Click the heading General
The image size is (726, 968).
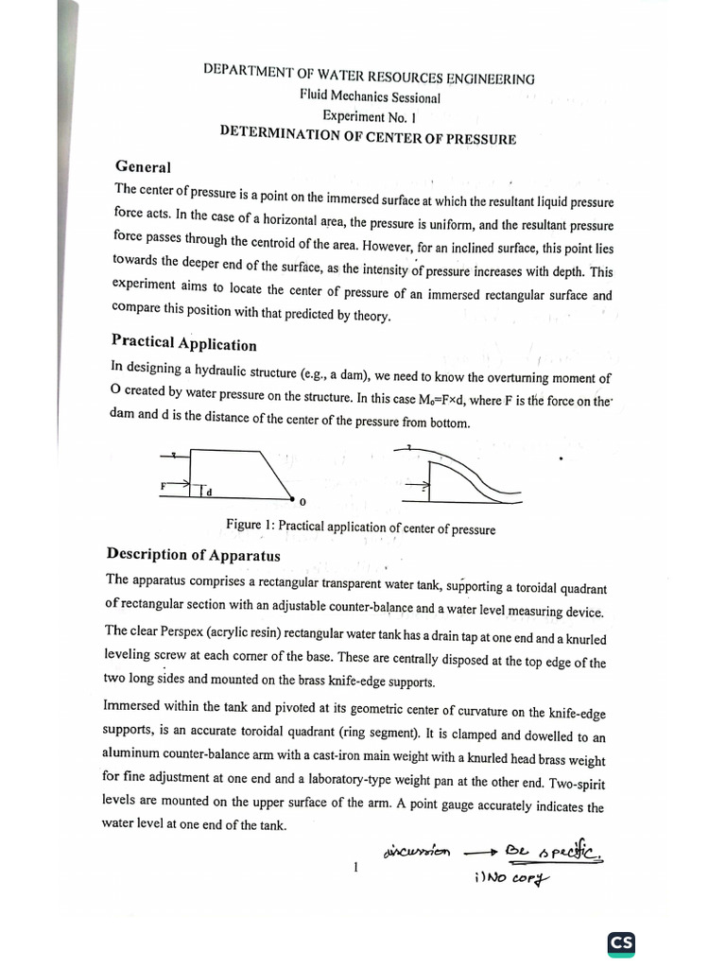[143, 167]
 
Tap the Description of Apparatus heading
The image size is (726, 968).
[193, 554]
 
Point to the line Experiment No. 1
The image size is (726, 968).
[369, 117]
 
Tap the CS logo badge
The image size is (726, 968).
[621, 942]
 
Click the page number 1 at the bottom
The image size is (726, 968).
[354, 867]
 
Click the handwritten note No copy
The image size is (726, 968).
[510, 878]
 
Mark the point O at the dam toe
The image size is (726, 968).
[302, 501]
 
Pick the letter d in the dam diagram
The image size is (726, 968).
[209, 493]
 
